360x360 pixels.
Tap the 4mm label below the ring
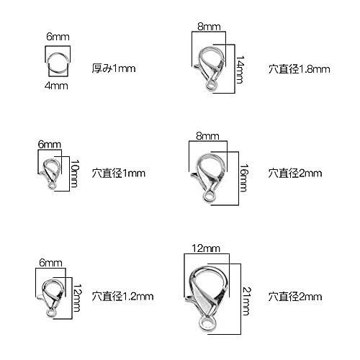(x=56, y=86)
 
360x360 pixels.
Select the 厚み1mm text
(x=114, y=68)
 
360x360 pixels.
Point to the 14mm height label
(x=240, y=70)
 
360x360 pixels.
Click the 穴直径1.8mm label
(x=300, y=69)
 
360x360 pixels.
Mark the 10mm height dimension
(x=74, y=174)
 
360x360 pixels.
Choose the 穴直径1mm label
(x=119, y=174)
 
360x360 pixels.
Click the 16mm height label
(x=244, y=178)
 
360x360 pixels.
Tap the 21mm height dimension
(x=247, y=301)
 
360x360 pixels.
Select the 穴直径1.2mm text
(x=122, y=297)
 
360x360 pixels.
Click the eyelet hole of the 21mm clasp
(x=207, y=324)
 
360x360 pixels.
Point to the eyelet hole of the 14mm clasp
(x=211, y=84)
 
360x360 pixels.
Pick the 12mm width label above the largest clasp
(x=206, y=248)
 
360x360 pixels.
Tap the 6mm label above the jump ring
(x=58, y=37)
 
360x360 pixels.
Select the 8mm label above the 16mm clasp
(x=207, y=136)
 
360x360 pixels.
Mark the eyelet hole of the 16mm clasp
(x=209, y=196)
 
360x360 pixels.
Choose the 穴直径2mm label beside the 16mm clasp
(x=295, y=174)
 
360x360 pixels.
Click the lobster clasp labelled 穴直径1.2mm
(x=51, y=297)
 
